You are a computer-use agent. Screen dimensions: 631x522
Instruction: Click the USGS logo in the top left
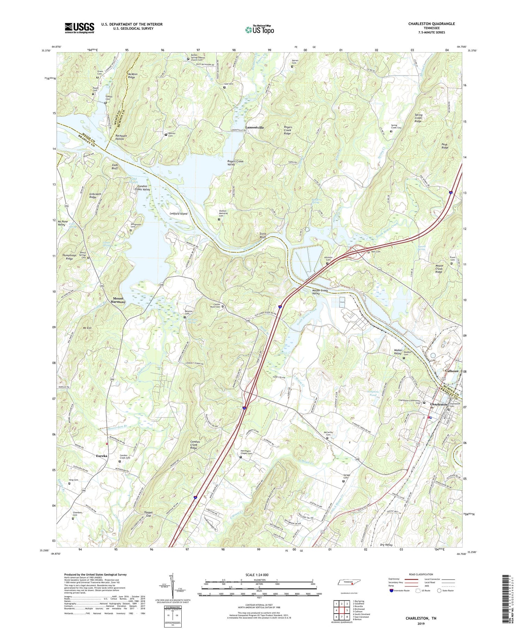coord(79,28)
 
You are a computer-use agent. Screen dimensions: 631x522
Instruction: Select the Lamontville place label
coord(254,128)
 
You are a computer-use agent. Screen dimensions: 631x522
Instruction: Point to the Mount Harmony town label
coord(119,300)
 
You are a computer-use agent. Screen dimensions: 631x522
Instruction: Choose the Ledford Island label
coord(179,214)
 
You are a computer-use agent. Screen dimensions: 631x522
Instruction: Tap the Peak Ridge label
coord(445,146)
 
